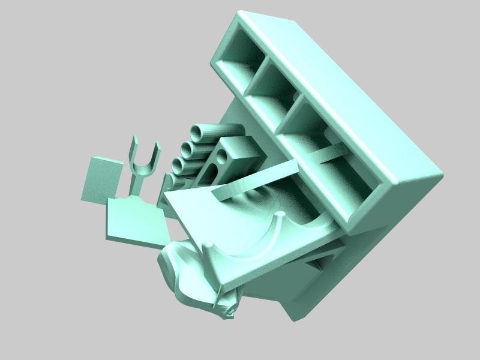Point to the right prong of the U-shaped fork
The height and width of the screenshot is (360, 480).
[158, 155]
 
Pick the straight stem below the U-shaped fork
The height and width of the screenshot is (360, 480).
[136, 187]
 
